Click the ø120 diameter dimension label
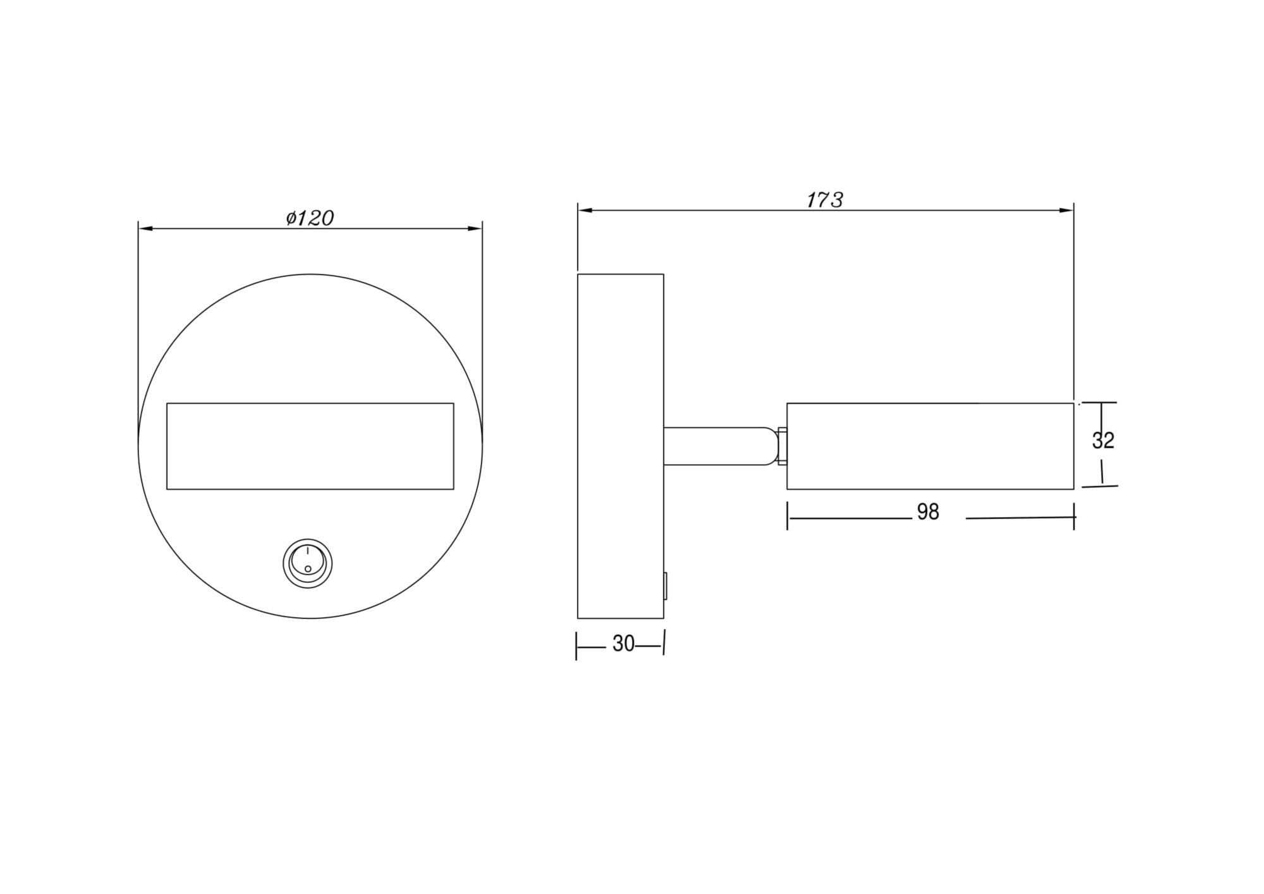pyautogui.click(x=310, y=218)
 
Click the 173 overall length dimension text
pyautogui.click(x=825, y=200)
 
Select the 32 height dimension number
pyautogui.click(x=1103, y=441)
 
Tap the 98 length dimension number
pyautogui.click(x=928, y=512)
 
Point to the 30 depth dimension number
pyautogui.click(x=623, y=644)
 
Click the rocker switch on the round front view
pyautogui.click(x=307, y=563)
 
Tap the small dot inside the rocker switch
pyautogui.click(x=308, y=569)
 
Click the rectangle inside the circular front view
pyautogui.click(x=310, y=446)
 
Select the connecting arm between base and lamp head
pyautogui.click(x=717, y=446)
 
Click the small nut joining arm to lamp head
pyautogui.click(x=782, y=446)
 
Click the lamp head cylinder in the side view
pyautogui.click(x=930, y=446)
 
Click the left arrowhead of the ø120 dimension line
pyautogui.click(x=144, y=228)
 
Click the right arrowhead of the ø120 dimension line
pyautogui.click(x=476, y=228)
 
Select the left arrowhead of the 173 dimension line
pyautogui.click(x=583, y=210)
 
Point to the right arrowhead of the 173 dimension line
pyautogui.click(x=1067, y=210)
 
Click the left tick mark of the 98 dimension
pyautogui.click(x=787, y=516)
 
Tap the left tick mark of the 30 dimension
pyautogui.click(x=576, y=646)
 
